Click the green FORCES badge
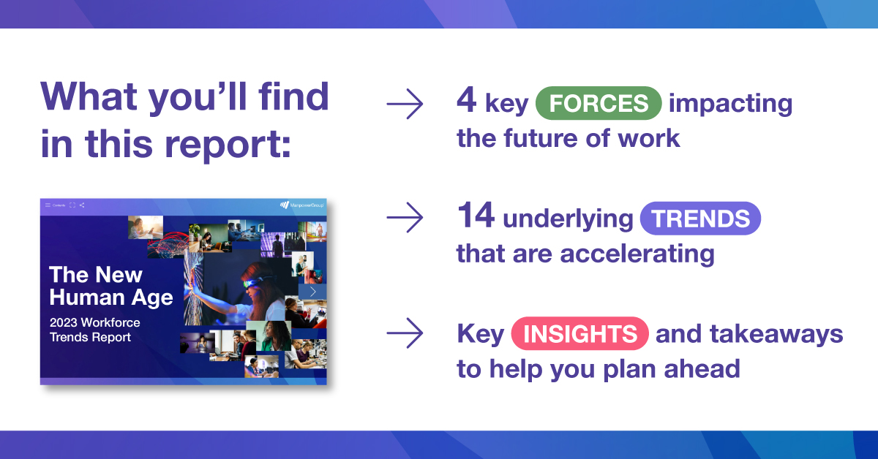599,103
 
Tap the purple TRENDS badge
700,218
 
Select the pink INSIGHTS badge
579,333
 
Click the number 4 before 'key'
467,100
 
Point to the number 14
476,215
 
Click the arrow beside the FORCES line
405,104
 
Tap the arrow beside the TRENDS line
405,217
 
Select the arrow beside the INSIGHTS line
405,333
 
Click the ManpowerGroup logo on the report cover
301,205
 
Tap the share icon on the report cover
82,205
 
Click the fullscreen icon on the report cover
72,205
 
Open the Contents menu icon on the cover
48,205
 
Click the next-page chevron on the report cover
312,292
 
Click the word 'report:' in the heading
228,144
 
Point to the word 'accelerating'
637,254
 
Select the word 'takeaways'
776,334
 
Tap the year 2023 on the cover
64,322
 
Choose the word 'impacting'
730,104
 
